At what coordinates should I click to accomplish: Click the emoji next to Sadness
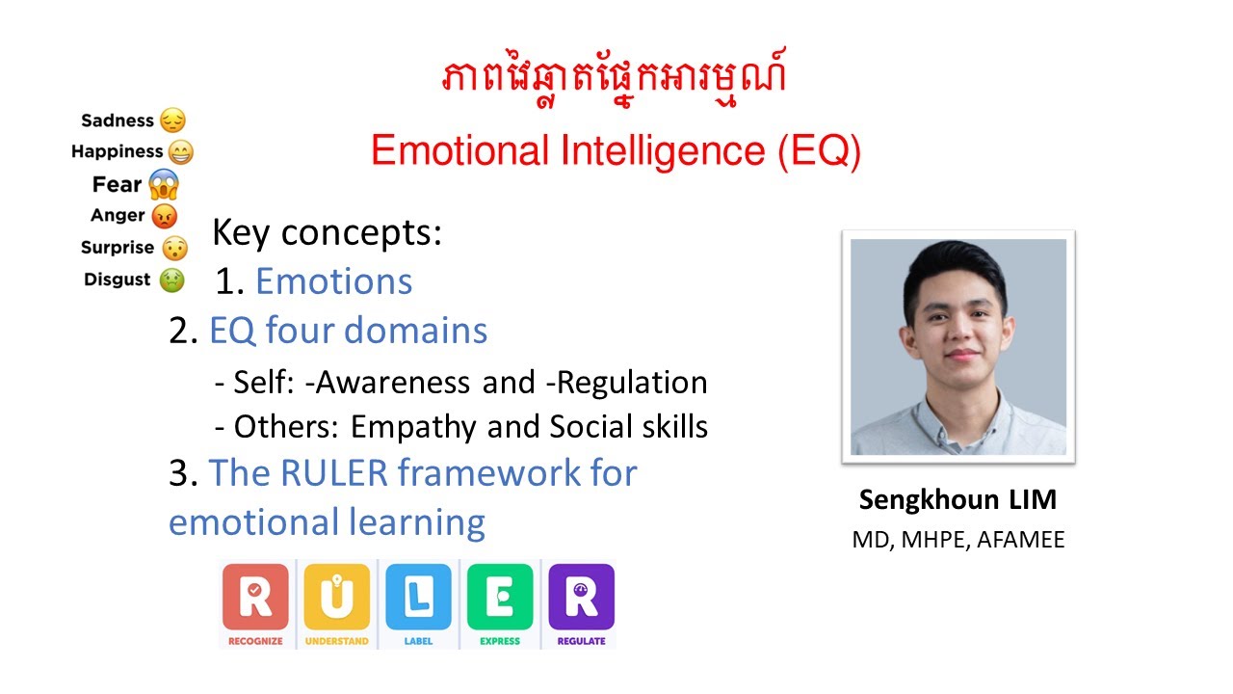[x=172, y=120]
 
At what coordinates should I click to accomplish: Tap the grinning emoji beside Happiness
[x=180, y=151]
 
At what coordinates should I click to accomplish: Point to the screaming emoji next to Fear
[x=164, y=183]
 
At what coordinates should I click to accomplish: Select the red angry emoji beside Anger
[x=164, y=216]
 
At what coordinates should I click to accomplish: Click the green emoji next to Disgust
[x=171, y=280]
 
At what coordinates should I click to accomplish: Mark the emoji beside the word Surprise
[x=173, y=248]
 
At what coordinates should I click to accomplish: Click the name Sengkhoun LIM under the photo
[x=958, y=500]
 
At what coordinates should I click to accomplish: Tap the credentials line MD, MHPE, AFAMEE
[x=958, y=540]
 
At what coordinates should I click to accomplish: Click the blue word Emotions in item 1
[x=333, y=281]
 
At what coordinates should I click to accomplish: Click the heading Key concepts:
[x=327, y=232]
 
